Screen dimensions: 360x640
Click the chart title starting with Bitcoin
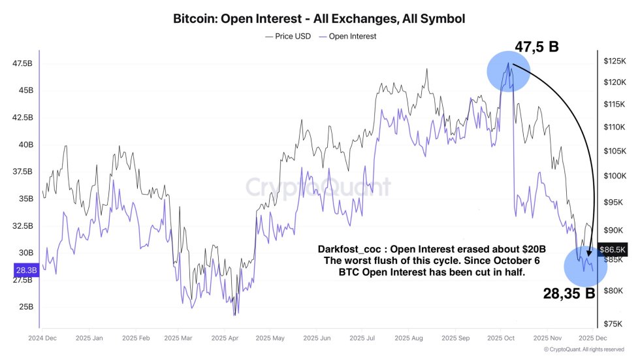pyautogui.click(x=319, y=18)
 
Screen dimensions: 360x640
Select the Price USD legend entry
pyautogui.click(x=289, y=37)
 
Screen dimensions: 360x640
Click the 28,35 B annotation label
pyautogui.click(x=569, y=293)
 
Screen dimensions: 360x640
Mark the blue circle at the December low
pyautogui.click(x=585, y=267)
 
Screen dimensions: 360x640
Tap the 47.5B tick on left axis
pyautogui.click(x=22, y=63)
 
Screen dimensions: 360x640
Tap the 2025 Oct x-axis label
pyautogui.click(x=501, y=338)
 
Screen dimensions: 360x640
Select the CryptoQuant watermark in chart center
pyautogui.click(x=319, y=188)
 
